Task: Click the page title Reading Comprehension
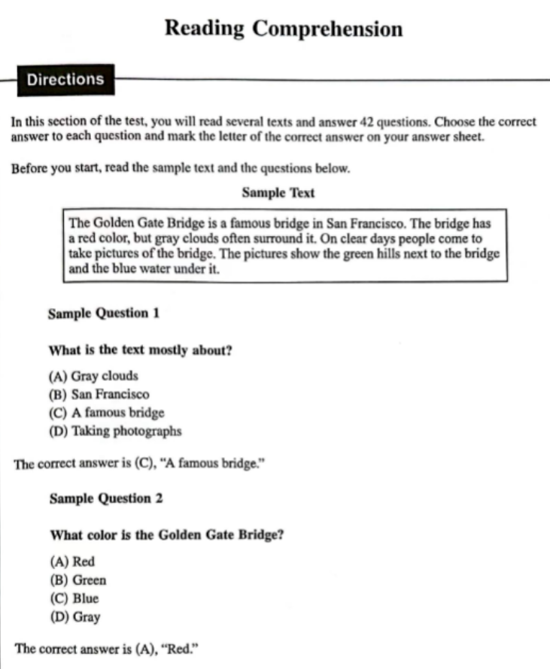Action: pos(283,29)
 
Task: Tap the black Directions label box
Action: pos(65,79)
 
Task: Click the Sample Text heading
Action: pos(278,192)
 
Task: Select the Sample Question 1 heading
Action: pos(103,313)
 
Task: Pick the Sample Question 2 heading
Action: pos(105,498)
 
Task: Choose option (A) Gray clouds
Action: pos(93,376)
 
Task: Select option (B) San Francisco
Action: pos(99,394)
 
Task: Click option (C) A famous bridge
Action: pos(106,413)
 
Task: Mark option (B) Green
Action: pos(77,580)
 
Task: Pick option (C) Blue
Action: pos(74,598)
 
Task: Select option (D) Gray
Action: pos(74,617)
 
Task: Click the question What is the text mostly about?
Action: pos(139,350)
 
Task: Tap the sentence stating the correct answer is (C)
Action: pos(138,464)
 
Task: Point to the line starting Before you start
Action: pos(181,168)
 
